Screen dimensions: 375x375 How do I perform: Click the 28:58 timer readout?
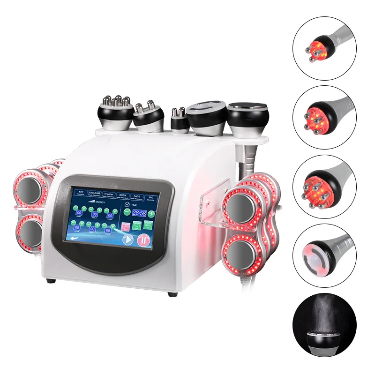pos(139,213)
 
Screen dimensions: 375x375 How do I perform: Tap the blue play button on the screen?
pos(128,240)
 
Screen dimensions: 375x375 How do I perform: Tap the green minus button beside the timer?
pos(127,212)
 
